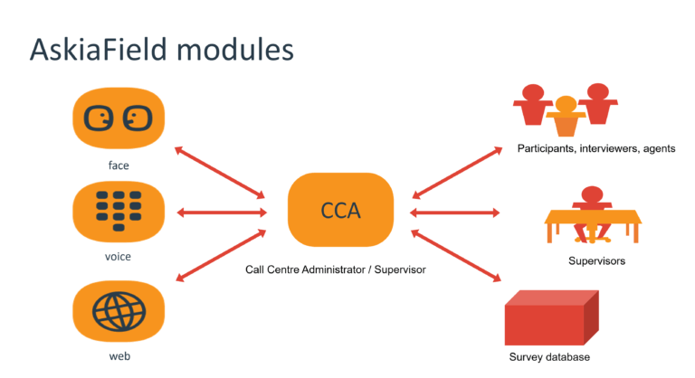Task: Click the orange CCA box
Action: (x=340, y=211)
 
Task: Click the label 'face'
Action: (x=119, y=165)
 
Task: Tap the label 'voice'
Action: (x=119, y=258)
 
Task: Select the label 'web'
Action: (x=119, y=357)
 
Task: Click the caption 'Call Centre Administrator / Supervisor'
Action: (x=336, y=269)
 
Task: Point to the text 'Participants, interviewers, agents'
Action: (x=596, y=147)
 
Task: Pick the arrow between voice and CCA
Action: (x=223, y=213)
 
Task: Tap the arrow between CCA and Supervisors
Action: (x=454, y=213)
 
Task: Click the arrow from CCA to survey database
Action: (x=454, y=255)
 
